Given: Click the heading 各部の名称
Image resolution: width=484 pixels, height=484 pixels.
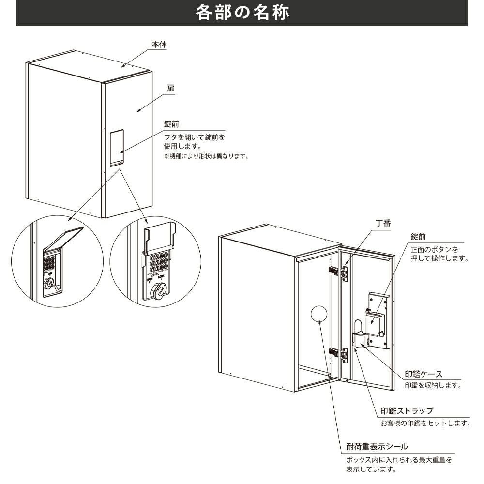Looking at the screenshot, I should click(242, 12).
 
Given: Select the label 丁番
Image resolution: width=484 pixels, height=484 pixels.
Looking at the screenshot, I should click(383, 224).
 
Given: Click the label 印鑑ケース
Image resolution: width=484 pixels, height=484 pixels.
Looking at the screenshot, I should click(423, 374).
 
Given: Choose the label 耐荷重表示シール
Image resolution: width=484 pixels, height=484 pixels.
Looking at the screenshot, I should click(377, 446).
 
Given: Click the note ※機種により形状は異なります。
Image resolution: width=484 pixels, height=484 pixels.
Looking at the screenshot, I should click(206, 156).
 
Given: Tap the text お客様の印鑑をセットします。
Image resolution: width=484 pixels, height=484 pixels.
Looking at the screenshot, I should click(425, 423).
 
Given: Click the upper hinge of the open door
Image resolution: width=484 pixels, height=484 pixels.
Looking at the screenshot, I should click(340, 272).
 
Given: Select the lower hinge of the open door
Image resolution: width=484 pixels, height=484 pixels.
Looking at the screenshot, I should click(340, 354).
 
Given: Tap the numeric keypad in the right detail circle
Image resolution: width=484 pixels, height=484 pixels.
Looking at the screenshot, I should click(159, 262).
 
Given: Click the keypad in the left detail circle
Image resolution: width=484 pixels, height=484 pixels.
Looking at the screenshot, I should click(50, 265).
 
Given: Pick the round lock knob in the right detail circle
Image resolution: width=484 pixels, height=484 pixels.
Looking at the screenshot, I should click(158, 291).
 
